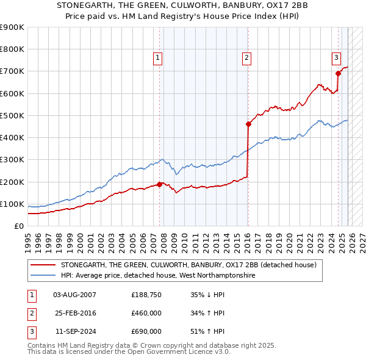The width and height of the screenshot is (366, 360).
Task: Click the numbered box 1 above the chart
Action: pos(157,58)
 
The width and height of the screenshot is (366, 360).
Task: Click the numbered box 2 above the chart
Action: pos(246,58)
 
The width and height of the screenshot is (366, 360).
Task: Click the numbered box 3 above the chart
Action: pos(336,58)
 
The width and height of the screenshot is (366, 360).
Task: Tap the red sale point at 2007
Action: pos(160,184)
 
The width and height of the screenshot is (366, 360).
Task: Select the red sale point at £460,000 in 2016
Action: pos(248,124)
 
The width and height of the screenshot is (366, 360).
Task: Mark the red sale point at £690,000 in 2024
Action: pos(338,73)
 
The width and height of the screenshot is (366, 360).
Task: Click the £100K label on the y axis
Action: pos(12,204)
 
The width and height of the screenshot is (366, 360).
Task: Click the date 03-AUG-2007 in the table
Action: pos(74,295)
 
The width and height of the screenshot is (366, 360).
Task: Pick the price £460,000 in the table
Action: pos(146,314)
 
